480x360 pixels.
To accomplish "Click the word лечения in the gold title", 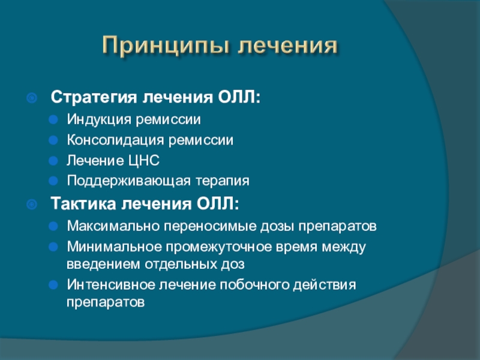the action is [288, 46].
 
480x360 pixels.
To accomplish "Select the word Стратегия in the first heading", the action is [94, 97].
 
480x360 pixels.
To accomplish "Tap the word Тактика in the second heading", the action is [83, 203].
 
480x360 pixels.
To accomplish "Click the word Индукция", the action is [99, 119].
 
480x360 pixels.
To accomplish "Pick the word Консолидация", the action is [115, 140].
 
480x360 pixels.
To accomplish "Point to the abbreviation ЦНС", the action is [143, 160].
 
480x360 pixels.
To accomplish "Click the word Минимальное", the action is [114, 247].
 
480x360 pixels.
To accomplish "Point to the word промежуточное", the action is [218, 247].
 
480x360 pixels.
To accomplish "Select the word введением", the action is [103, 264].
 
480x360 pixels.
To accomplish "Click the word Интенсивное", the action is [111, 284].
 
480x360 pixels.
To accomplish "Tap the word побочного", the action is [254, 284].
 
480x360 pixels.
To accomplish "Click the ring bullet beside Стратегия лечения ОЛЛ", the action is [32, 98].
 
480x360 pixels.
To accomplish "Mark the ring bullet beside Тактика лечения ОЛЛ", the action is [32, 204].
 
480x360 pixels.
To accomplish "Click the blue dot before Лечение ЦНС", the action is [53, 161].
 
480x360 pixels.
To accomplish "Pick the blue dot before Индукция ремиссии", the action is [53, 119].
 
